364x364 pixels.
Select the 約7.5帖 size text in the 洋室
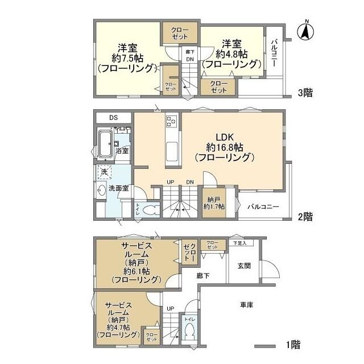click(126, 57)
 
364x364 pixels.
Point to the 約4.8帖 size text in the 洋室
click(231, 54)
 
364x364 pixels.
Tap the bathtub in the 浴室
click(105, 144)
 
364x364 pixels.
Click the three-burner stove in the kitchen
click(172, 121)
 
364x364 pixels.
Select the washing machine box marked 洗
click(104, 171)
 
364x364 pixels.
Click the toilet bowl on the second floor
click(150, 210)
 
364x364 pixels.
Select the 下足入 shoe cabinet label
click(239, 243)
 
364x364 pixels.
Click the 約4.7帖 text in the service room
click(118, 328)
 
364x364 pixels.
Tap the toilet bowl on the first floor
click(189, 332)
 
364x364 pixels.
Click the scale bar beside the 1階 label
click(265, 345)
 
